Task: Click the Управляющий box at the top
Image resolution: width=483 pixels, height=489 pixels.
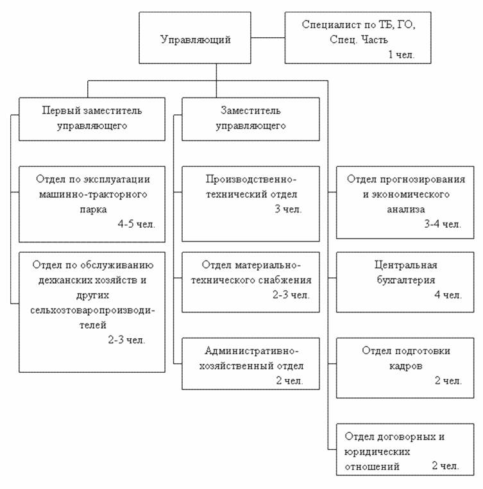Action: [195, 38]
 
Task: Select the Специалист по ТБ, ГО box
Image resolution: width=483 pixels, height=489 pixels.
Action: [358, 38]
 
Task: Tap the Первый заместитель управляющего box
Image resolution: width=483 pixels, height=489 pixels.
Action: [92, 119]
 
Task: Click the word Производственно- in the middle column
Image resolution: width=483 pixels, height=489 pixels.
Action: [251, 179]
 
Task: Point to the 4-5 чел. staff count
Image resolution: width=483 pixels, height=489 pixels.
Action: [136, 224]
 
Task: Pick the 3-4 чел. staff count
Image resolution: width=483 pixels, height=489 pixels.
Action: [443, 224]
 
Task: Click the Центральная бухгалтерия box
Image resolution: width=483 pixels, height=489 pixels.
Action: [405, 282]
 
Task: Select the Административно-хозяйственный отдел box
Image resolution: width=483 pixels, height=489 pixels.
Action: [251, 364]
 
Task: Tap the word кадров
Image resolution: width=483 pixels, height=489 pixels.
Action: [405, 366]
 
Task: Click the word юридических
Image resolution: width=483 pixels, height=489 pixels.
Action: [377, 452]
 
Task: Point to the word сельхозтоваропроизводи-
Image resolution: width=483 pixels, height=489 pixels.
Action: [92, 311]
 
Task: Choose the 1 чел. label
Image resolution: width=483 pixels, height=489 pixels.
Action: [401, 55]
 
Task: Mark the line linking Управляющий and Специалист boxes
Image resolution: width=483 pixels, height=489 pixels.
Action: [268, 38]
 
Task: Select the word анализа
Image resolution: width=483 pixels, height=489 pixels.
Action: [405, 209]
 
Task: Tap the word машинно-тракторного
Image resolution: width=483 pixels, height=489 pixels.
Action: [93, 194]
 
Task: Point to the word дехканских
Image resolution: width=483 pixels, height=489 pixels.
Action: [64, 280]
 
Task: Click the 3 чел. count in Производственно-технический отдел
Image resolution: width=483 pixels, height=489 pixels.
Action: [288, 209]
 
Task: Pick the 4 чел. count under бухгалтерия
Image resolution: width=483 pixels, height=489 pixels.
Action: [448, 295]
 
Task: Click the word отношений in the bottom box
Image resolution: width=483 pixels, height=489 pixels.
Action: [372, 467]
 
